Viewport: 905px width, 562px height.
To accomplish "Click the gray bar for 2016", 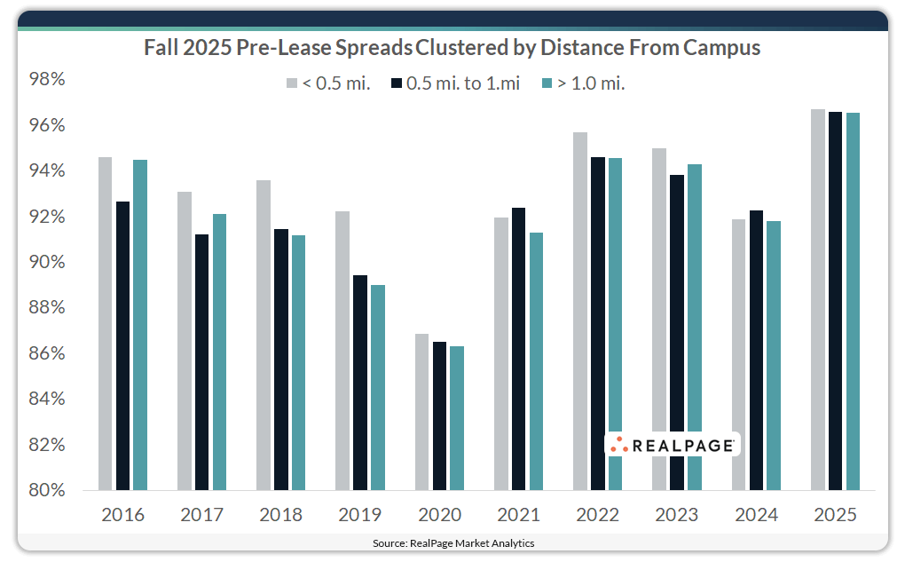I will (x=105, y=324).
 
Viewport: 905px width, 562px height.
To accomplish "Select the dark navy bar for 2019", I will (x=360, y=383).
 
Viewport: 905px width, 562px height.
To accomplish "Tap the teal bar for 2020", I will (x=457, y=418).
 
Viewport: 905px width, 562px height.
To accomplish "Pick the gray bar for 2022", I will (x=580, y=311).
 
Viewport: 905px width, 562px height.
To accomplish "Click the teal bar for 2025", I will (x=853, y=301).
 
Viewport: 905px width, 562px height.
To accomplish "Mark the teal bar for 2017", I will (x=219, y=352).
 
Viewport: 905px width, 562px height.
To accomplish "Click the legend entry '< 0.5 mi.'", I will (x=327, y=83).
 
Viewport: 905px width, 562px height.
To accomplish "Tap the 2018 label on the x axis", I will (x=280, y=515).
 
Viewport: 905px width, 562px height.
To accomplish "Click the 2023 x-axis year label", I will (x=676, y=515).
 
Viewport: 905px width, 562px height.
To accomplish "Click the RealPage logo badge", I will (x=673, y=445).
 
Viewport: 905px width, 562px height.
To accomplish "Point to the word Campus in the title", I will (x=725, y=48).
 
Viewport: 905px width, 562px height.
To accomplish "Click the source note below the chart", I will (x=452, y=542).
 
